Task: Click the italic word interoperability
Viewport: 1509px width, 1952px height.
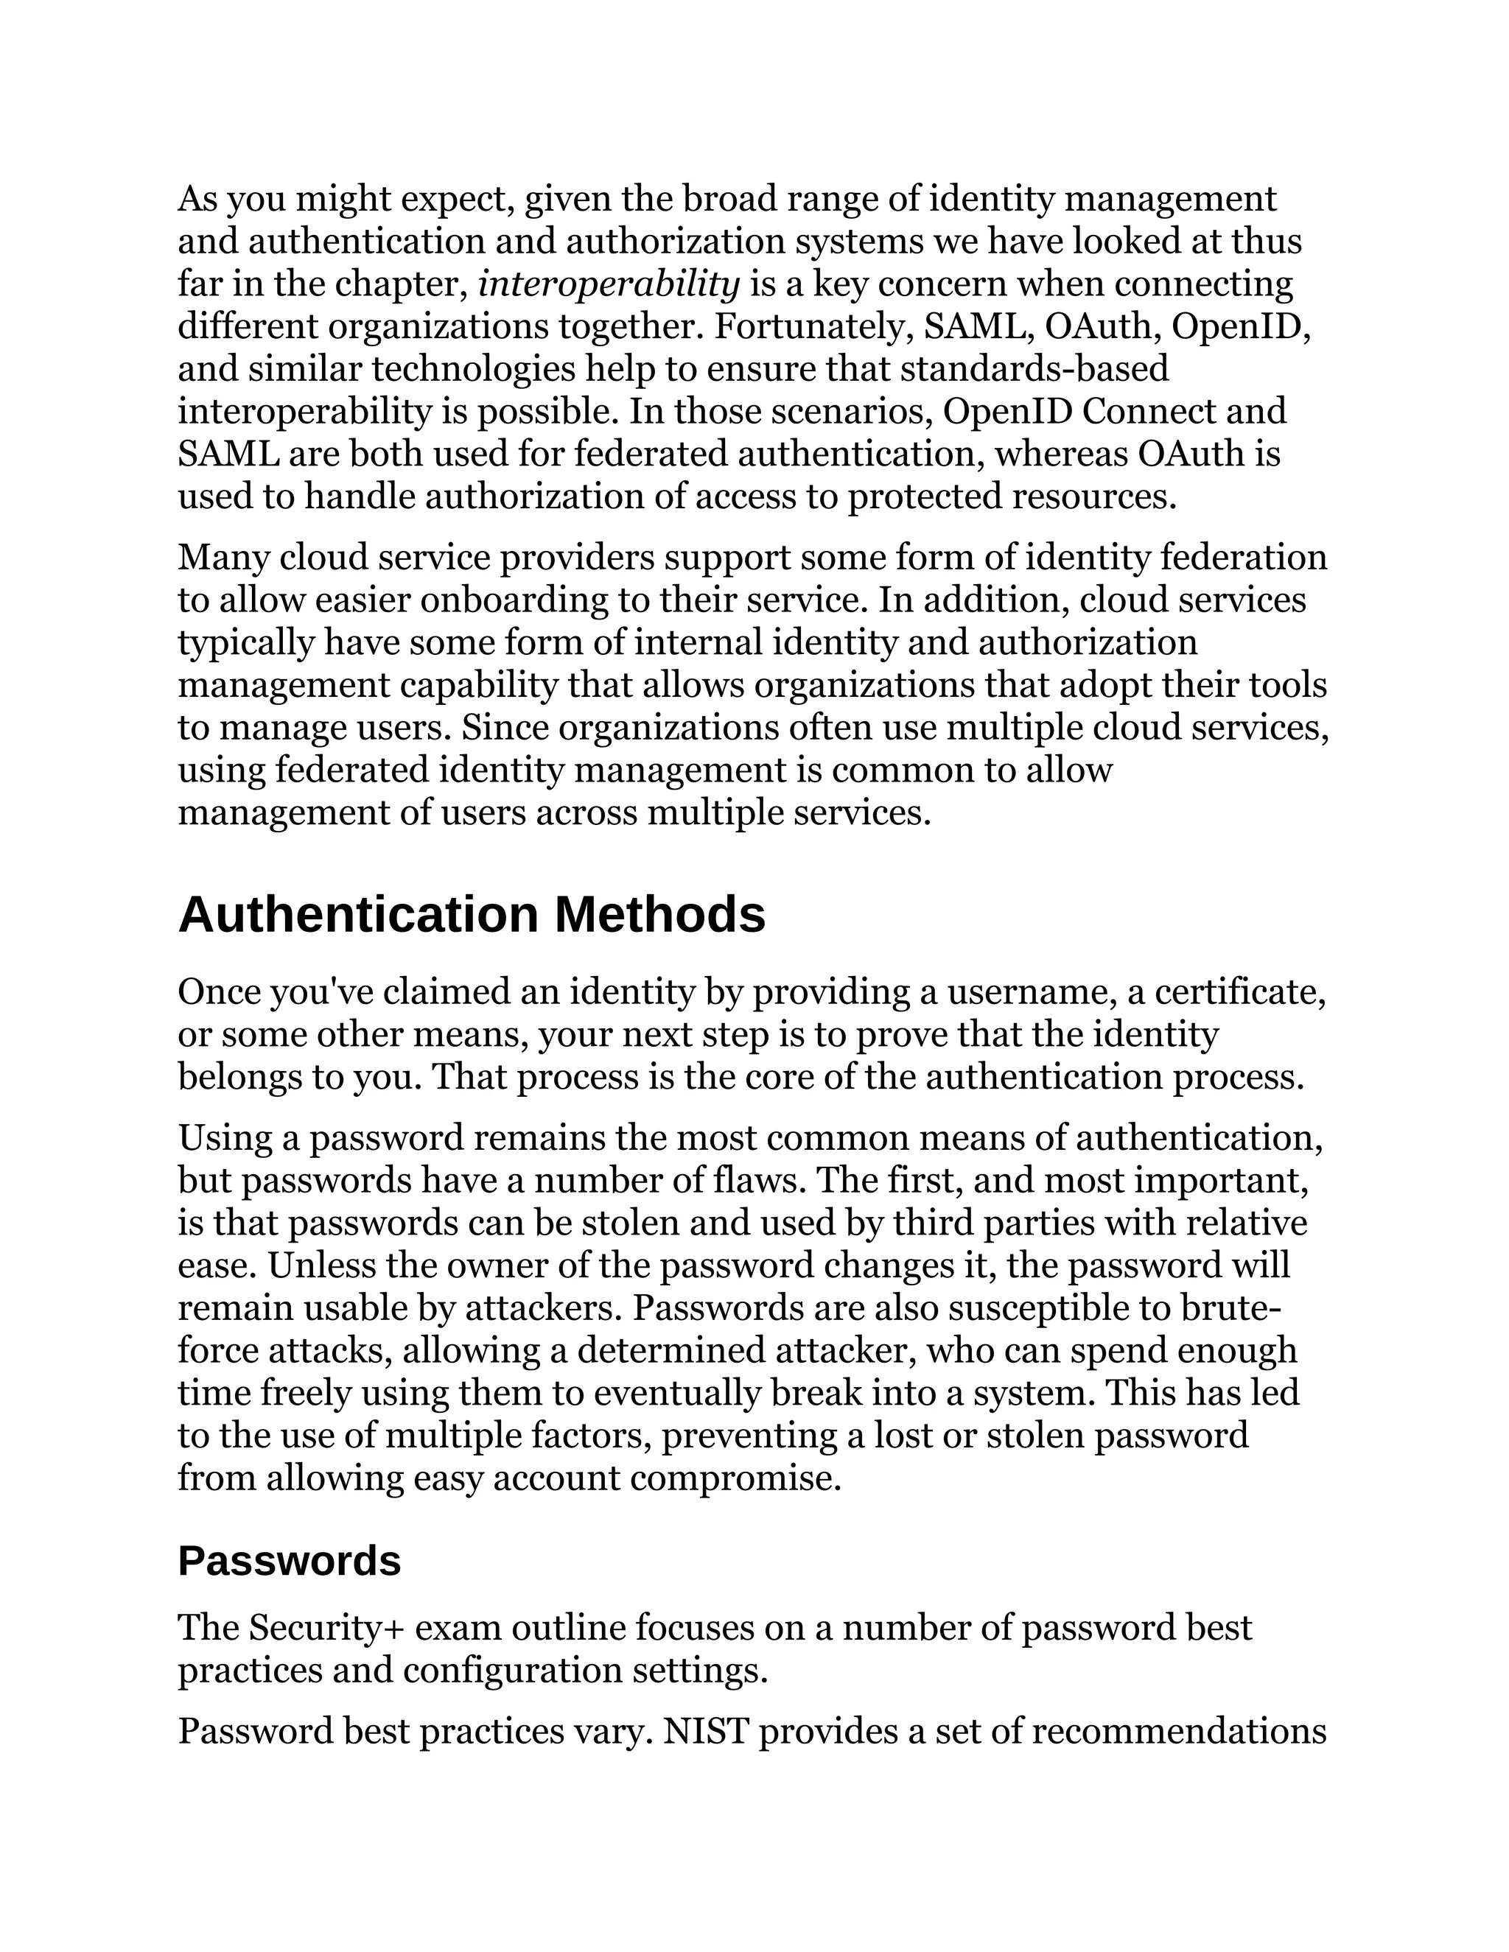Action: click(x=609, y=284)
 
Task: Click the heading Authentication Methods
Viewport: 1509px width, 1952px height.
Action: click(x=471, y=914)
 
